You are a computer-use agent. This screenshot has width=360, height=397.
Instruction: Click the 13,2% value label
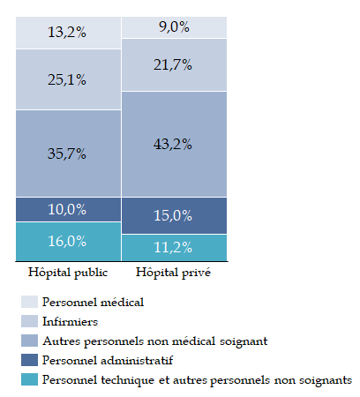[x=67, y=32]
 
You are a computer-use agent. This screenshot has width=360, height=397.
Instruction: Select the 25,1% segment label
[x=67, y=79]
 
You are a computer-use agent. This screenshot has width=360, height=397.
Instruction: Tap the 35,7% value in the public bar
[x=67, y=154]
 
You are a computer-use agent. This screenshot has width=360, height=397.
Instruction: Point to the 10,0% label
[x=67, y=209]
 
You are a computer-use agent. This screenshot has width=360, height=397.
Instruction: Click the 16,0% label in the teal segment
[x=67, y=241]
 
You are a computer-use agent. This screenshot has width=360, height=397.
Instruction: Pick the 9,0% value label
[x=174, y=26]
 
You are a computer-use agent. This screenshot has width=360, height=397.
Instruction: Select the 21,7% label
[x=173, y=64]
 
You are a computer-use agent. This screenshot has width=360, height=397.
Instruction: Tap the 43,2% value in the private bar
[x=173, y=144]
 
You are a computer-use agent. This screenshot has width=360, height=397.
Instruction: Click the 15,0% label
[x=173, y=215]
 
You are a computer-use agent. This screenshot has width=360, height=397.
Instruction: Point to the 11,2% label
[x=173, y=247]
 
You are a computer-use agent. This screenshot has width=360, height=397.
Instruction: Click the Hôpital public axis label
[x=68, y=273]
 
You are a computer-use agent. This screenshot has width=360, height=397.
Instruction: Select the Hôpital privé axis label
[x=173, y=273]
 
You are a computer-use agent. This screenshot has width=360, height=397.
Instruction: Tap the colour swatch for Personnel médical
[x=29, y=302]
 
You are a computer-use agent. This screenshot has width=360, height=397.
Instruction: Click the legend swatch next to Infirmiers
[x=29, y=321]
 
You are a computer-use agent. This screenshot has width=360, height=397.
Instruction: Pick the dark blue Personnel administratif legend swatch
[x=29, y=360]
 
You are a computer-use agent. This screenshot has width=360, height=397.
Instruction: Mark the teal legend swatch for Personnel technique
[x=29, y=379]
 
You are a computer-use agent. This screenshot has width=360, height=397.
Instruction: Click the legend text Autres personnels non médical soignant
[x=155, y=341]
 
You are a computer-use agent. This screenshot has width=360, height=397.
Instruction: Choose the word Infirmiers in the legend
[x=70, y=321]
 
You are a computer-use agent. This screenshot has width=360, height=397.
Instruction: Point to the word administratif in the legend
[x=137, y=360]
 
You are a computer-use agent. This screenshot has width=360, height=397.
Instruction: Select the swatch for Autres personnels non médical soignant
[x=29, y=341]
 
